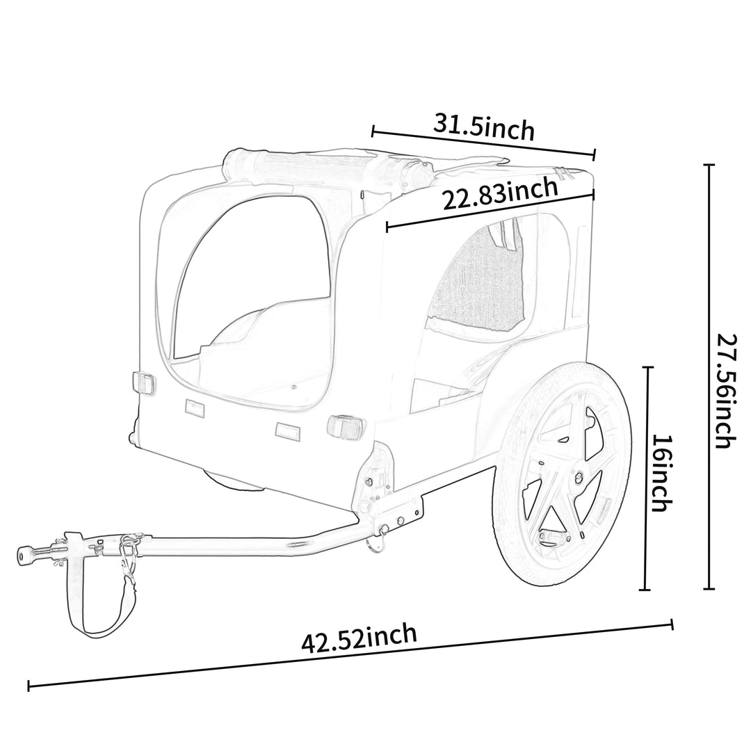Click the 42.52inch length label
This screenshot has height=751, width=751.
pyautogui.click(x=359, y=638)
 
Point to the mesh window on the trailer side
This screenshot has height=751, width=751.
pyautogui.click(x=480, y=278)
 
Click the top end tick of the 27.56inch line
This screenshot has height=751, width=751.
pyautogui.click(x=709, y=165)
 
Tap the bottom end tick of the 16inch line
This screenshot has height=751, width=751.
pyautogui.click(x=647, y=590)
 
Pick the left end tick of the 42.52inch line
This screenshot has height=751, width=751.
pyautogui.click(x=29, y=686)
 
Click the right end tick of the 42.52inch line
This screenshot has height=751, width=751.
pyautogui.click(x=672, y=624)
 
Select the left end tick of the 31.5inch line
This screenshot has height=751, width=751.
pyautogui.click(x=373, y=130)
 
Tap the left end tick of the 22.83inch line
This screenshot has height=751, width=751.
pyautogui.click(x=387, y=227)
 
